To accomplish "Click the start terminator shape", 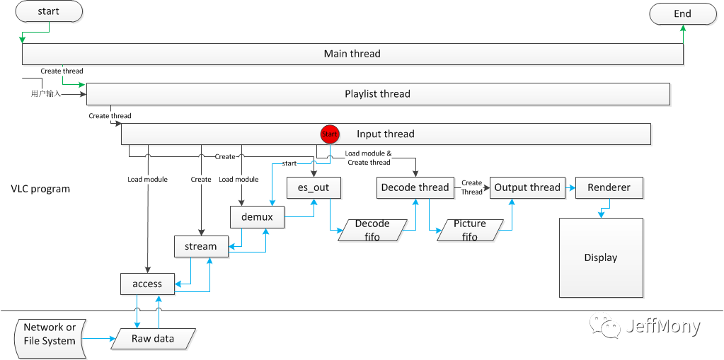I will (x=48, y=11).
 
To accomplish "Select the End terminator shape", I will (x=683, y=13).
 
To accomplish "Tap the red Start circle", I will (x=330, y=134).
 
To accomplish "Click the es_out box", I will (x=314, y=187).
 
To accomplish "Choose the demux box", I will (x=257, y=216).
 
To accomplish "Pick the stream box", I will (x=201, y=246).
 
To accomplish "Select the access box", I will (x=147, y=284).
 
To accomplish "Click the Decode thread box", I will (x=415, y=187).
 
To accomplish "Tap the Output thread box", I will (x=527, y=187).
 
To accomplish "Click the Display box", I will (x=601, y=257).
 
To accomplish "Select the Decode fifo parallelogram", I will (x=372, y=230).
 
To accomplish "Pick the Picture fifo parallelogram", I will (x=470, y=230).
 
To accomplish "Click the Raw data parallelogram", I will (x=152, y=339).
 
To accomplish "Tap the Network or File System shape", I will (x=49, y=335).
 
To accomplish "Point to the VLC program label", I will (x=40, y=189).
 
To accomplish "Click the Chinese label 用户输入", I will (x=46, y=93).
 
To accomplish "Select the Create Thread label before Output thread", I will (x=471, y=187).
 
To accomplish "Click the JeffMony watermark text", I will (x=662, y=326).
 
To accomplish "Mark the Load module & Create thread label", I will (x=368, y=158).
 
